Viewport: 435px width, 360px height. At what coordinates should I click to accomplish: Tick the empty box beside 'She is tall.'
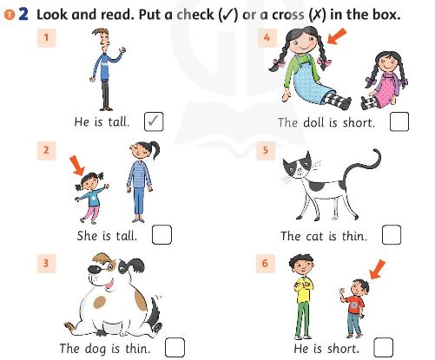click(x=161, y=234)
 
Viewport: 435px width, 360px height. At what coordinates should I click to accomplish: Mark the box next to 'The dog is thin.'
click(x=175, y=347)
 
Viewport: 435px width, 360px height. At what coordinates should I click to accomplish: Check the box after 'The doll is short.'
click(x=399, y=121)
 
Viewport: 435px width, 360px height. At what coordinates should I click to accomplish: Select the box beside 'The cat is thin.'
click(x=391, y=235)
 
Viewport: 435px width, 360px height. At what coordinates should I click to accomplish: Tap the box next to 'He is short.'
click(x=382, y=348)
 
